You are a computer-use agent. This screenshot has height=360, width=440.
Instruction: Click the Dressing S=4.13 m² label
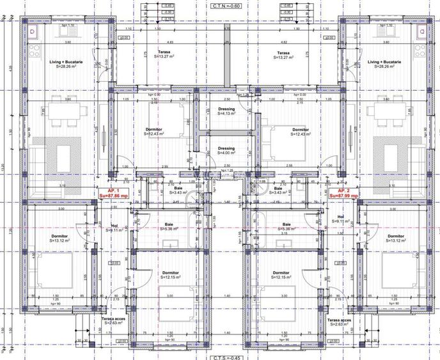[x=226, y=111]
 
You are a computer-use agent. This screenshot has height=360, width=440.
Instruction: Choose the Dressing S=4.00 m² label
[x=226, y=151]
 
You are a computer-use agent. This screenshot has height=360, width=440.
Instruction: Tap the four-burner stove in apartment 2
[x=421, y=49]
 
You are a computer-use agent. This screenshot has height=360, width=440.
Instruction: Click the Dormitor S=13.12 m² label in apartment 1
[x=59, y=239]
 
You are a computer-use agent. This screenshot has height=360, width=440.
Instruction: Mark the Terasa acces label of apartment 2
[x=339, y=321]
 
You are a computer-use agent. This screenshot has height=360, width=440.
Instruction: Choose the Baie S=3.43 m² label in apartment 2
[x=278, y=191]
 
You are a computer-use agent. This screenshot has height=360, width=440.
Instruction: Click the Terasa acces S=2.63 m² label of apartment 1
[x=113, y=321]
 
